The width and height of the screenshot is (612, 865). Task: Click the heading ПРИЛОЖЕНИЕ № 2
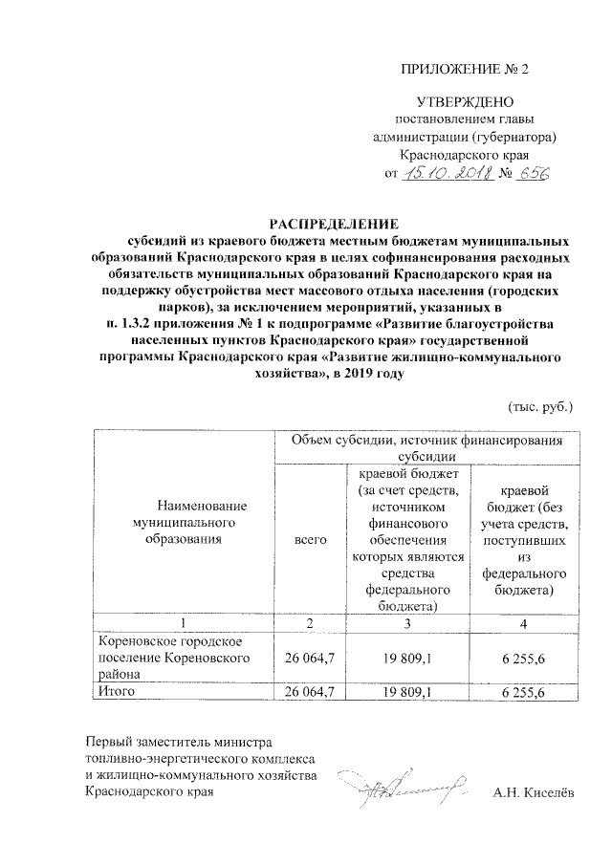tap(465, 69)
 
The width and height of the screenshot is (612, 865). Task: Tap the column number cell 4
tap(522, 623)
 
